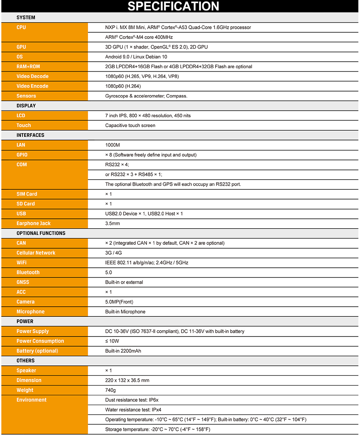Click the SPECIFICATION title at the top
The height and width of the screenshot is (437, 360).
point(173,6)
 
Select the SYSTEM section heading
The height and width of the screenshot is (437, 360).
point(26,17)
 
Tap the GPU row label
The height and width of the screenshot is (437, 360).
point(21,47)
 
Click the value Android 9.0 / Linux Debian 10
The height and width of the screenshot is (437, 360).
point(136,57)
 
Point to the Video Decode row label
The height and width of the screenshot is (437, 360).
point(32,76)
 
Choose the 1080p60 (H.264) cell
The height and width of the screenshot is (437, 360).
point(123,86)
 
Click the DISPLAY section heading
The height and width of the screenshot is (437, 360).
point(26,106)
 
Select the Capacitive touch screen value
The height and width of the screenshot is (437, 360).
point(130,126)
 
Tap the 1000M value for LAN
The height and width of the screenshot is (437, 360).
point(112,145)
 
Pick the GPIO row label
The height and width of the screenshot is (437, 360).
point(22,155)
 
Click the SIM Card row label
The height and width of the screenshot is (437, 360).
point(27,194)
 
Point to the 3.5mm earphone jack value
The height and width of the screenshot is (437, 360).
point(112,224)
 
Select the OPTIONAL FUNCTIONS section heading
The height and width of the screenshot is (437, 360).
point(41,233)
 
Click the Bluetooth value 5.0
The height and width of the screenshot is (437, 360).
point(109,272)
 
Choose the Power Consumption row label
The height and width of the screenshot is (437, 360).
point(40,341)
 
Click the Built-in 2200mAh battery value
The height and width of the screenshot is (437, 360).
point(123,351)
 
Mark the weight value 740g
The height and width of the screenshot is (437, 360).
point(110,390)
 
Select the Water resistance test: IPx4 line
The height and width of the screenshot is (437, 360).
point(136,410)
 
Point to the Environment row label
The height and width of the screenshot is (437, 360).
point(32,400)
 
